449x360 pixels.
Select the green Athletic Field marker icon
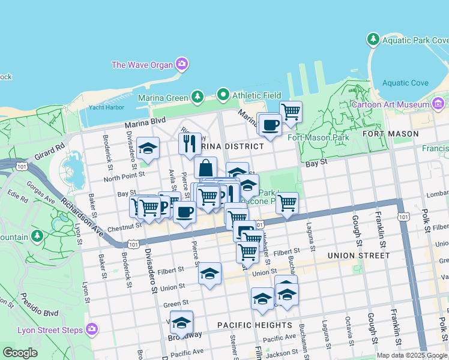coord(223,95)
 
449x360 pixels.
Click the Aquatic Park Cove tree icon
coord(373,40)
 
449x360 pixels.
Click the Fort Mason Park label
coord(318,137)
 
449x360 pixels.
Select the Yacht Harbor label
coord(106,108)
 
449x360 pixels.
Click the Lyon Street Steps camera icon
coord(91,328)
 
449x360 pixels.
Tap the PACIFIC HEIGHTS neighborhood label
coord(255,325)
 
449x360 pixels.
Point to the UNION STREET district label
coord(358,256)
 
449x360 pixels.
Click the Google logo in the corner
coord(20,353)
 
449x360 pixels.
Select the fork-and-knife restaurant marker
coord(190,143)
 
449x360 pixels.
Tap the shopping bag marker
coord(205,167)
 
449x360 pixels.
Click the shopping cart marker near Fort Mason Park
coord(291,112)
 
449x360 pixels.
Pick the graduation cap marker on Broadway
coord(181,323)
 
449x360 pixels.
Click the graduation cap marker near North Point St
coord(148,148)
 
